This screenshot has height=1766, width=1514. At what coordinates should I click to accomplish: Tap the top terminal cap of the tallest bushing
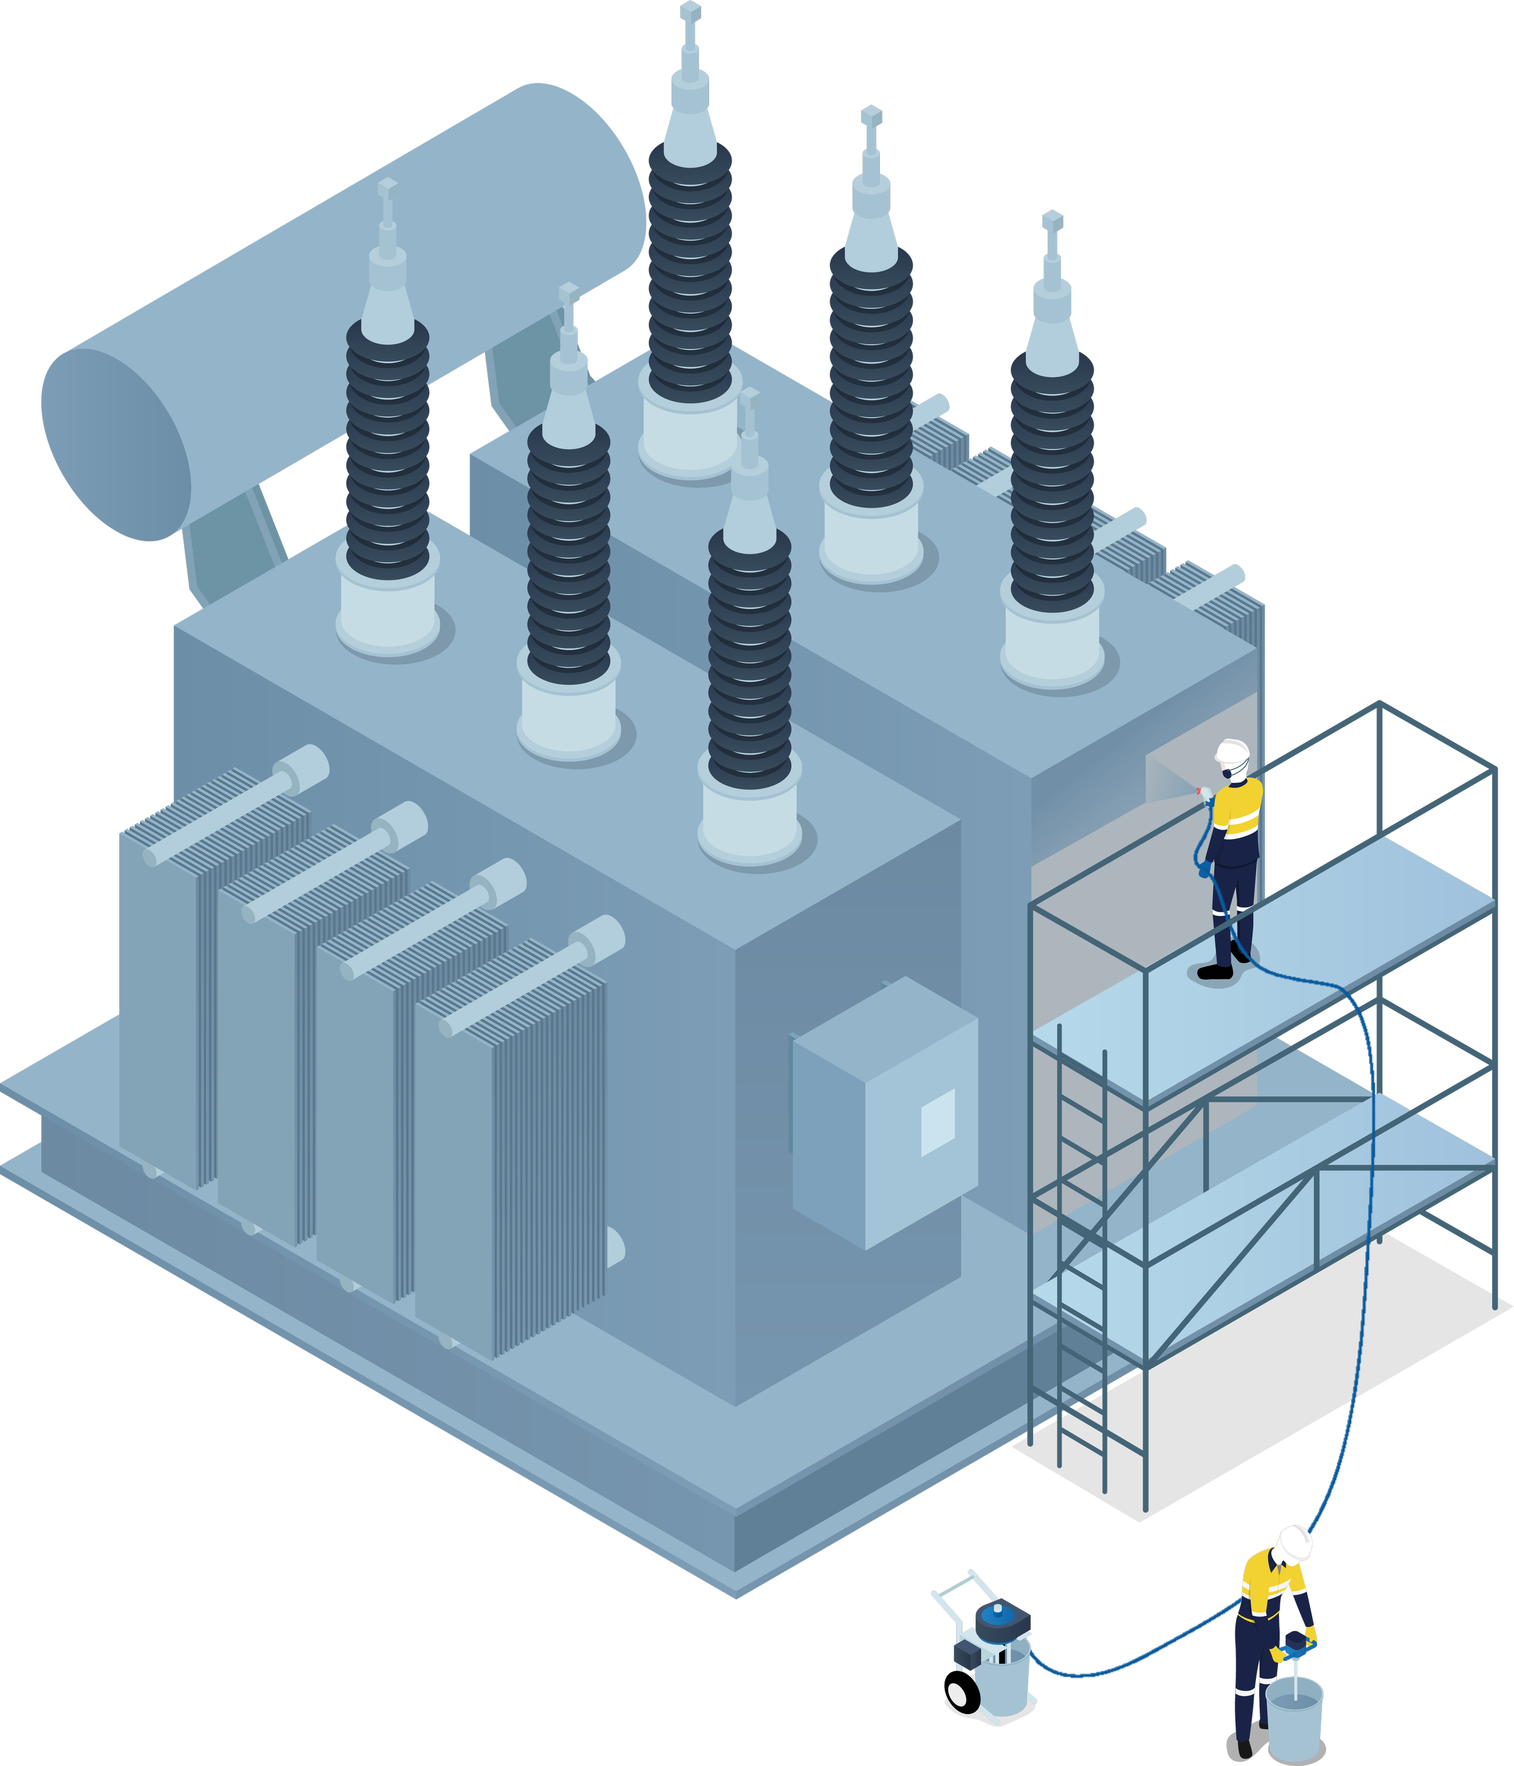click(690, 13)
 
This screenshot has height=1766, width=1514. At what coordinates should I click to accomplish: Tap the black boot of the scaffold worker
click(1215, 972)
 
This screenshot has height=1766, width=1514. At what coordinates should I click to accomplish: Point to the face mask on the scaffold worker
click(1226, 772)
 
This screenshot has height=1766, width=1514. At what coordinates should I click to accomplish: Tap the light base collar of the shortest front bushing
click(749, 823)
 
